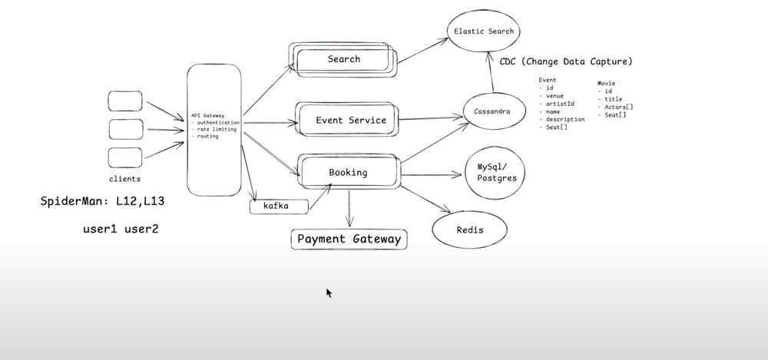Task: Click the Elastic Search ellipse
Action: point(484,31)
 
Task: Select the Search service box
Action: point(343,59)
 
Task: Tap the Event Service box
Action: point(351,120)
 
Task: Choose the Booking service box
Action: point(348,173)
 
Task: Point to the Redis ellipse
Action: point(469,230)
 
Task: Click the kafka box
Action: point(278,206)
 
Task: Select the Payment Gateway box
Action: point(349,239)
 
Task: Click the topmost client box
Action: point(124,101)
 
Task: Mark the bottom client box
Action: point(124,157)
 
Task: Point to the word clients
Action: point(124,179)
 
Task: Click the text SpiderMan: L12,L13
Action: point(102,202)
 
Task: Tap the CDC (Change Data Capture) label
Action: point(566,61)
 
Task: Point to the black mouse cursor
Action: point(329,292)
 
